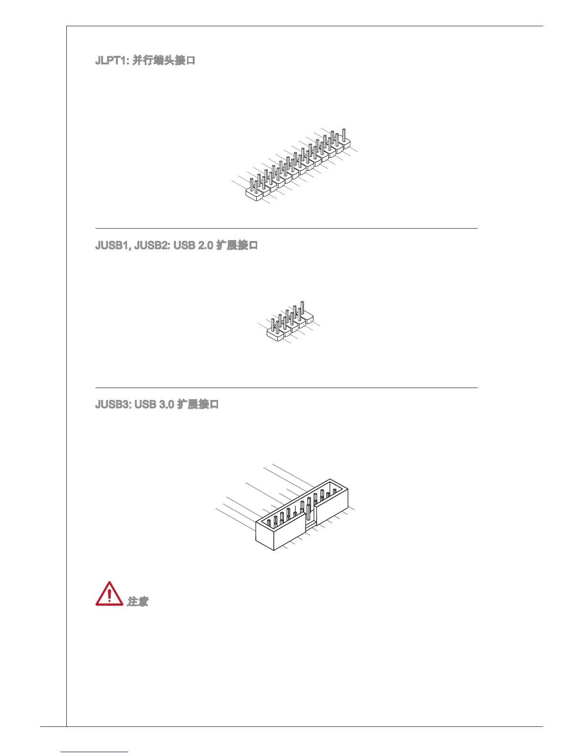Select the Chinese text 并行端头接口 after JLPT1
164,61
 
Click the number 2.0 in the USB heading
205,245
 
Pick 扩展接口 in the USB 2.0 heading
237,245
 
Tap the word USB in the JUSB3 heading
145,404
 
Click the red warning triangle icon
109,595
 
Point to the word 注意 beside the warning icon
137,601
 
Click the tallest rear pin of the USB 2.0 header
302,308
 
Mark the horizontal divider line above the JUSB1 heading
286,229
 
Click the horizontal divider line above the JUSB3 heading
286,388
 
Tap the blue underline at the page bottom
94,752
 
